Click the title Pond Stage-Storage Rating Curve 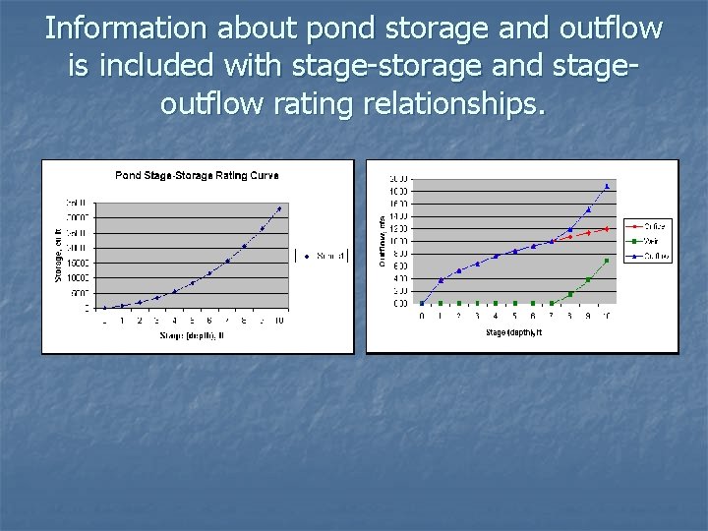(197, 176)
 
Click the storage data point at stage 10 (279, 208)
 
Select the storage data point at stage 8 (244, 246)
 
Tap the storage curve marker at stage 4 (174, 292)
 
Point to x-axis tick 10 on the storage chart (279, 321)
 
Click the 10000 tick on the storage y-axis (77, 277)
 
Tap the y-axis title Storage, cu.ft (58, 254)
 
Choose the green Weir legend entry (648, 242)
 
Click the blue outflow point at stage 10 (607, 186)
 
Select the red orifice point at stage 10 (607, 229)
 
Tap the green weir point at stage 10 (607, 261)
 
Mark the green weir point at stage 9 (588, 280)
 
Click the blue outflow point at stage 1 (441, 280)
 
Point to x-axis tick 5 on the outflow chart (514, 316)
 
